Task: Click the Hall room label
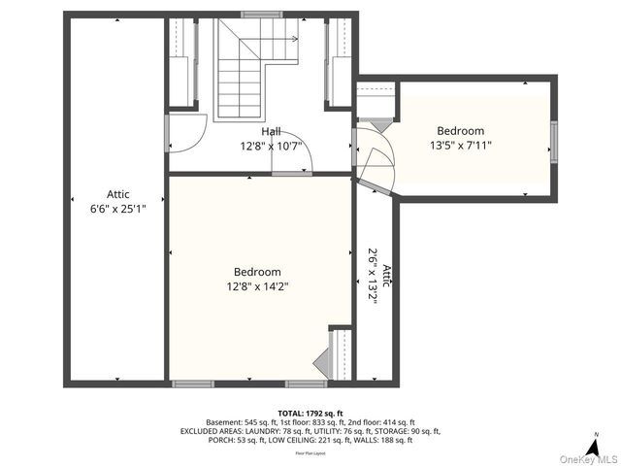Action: pos(271,131)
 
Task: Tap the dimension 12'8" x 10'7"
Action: pos(271,147)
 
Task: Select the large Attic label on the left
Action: pos(117,194)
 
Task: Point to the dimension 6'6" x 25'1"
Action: pos(117,209)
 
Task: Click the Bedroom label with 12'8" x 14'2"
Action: pos(257,272)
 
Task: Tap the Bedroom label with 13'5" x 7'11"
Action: pos(460,131)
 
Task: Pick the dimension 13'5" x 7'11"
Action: pos(460,146)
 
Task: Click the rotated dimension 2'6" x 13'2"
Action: pos(372,277)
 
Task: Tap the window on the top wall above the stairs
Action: pos(256,15)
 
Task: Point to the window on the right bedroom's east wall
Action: pos(554,136)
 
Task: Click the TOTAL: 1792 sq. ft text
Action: pos(310,414)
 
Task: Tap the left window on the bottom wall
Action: pos(193,383)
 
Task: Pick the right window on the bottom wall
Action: pos(299,383)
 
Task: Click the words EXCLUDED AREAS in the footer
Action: pos(212,431)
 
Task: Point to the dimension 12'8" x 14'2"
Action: pos(257,286)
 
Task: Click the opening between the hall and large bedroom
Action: pos(291,173)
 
